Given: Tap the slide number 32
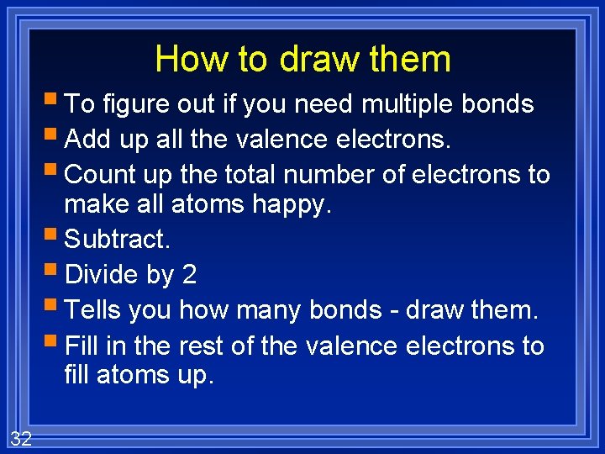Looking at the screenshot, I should coord(21,437).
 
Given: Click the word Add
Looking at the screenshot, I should coord(87,138).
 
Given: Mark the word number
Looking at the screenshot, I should coord(345,174).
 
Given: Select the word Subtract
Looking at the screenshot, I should coord(117,239).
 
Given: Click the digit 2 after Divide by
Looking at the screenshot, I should coord(189,275).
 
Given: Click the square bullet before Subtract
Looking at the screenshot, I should coord(55,238).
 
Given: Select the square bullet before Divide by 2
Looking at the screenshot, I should coord(55,273).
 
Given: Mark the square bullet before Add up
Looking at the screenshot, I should coord(55,136).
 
